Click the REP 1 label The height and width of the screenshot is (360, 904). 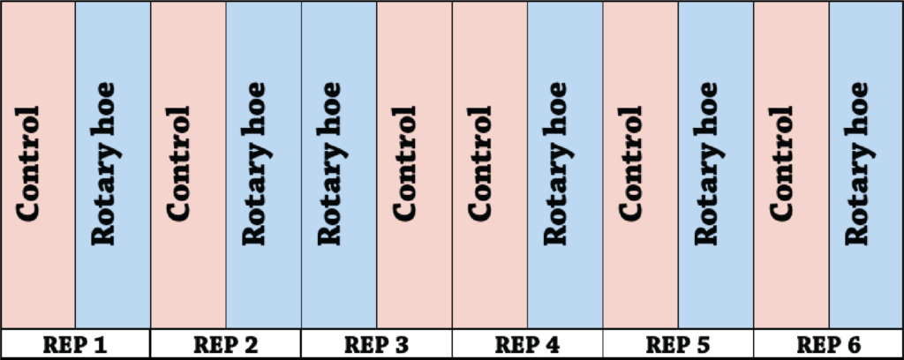coord(75,344)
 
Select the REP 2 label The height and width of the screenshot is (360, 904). coord(226,344)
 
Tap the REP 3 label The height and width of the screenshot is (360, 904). coord(376,344)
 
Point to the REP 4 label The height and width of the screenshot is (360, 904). coord(528,344)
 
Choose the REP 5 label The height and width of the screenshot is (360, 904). coord(678,344)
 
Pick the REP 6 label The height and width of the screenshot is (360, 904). coord(828,344)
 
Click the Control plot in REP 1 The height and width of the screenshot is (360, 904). coord(38,165)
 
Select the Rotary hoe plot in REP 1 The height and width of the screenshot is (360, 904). coord(113,165)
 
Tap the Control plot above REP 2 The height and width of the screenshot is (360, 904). coord(189,165)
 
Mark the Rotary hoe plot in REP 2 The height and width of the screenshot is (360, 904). coord(263,165)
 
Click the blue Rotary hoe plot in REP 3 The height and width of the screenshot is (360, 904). coord(339,165)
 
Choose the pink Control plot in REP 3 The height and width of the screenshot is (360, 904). coord(415,165)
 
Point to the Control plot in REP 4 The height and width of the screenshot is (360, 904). coord(490,165)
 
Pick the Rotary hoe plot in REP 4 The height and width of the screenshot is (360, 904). coord(565,165)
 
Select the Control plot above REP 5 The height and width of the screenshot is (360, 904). coord(641,165)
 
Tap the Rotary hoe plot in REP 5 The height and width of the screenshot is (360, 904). coord(715,165)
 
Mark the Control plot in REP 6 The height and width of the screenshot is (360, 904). coord(792,165)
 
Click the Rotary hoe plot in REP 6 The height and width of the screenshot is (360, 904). coord(866,165)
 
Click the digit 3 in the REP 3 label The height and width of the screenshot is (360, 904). coord(401,345)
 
